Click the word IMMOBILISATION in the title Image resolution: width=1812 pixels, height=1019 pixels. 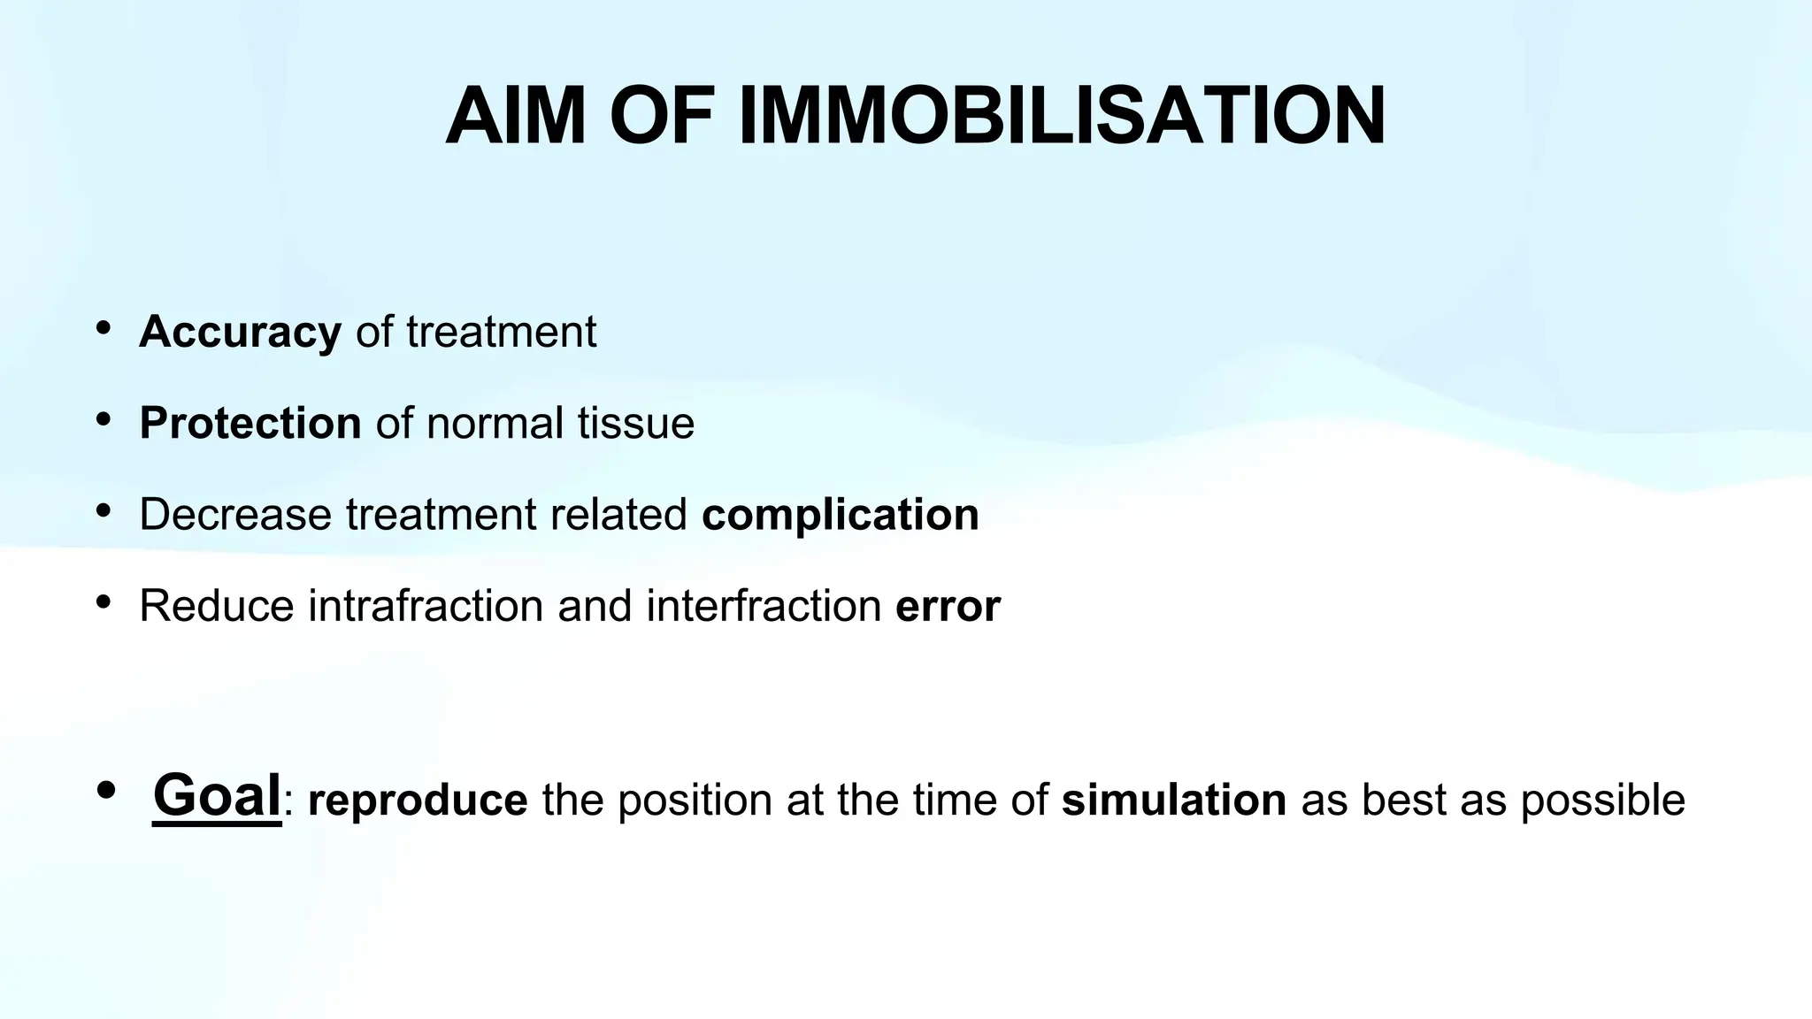1061,117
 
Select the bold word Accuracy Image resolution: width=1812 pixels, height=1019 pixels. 240,333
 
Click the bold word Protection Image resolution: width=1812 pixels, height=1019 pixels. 250,423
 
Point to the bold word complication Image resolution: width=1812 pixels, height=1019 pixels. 840,514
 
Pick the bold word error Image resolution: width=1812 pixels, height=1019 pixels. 948,606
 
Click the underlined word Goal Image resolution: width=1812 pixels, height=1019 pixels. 217,794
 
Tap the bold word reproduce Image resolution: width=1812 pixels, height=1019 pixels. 418,800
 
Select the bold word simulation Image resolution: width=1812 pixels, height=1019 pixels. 1173,800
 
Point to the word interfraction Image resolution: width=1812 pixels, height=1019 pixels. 763,606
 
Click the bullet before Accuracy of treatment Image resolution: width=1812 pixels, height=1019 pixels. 104,328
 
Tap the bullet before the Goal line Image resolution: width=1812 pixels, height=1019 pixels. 106,790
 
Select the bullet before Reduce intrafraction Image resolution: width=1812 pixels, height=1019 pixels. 104,602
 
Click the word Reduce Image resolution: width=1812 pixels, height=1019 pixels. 216,606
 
